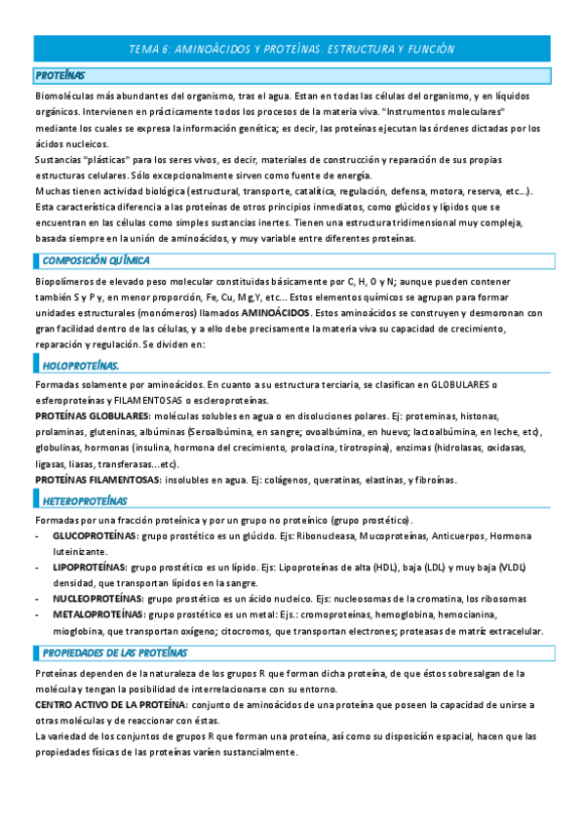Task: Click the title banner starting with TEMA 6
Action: coord(292,49)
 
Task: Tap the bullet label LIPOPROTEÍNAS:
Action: coord(90,567)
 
